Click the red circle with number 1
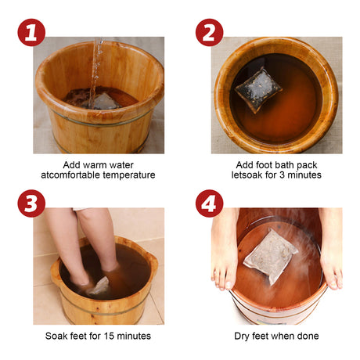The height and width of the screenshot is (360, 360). [x=31, y=33]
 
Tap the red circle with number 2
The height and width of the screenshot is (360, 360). [x=209, y=33]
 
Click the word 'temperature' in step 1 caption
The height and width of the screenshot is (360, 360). [x=131, y=175]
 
